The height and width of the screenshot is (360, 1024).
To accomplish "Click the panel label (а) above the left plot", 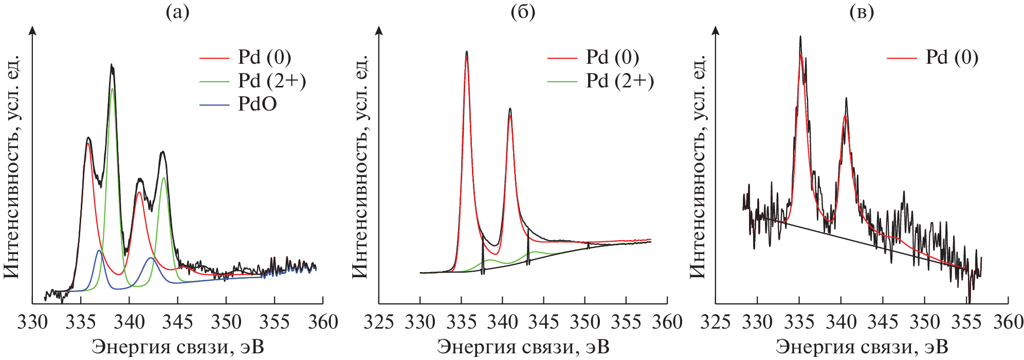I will (x=177, y=12).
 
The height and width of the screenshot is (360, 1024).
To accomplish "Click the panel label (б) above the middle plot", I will (x=523, y=12).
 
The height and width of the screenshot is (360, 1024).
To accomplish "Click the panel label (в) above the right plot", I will (x=862, y=12).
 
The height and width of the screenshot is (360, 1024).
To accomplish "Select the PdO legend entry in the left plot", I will (x=257, y=104).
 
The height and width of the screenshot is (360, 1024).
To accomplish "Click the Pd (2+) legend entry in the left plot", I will (x=271, y=81).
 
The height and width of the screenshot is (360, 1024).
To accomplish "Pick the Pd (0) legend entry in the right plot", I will (x=952, y=57).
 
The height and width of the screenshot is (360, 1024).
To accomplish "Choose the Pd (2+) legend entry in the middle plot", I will (x=619, y=81).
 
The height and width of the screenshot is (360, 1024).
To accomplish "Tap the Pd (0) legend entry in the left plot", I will (x=264, y=57).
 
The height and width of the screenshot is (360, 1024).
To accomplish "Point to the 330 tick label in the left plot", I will (x=32, y=322).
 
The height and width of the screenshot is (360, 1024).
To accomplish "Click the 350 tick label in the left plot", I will (x=226, y=322).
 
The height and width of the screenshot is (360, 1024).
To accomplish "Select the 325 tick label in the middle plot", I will (x=379, y=322).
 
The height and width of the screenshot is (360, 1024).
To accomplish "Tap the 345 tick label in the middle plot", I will (x=543, y=322).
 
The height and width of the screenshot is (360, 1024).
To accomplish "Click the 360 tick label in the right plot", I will (x=1008, y=322).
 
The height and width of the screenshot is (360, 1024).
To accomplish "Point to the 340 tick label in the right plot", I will (x=841, y=322).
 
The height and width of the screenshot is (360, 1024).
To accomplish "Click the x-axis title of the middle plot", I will (x=523, y=347).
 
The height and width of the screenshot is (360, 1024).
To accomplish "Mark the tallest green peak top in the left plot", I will (x=112, y=88).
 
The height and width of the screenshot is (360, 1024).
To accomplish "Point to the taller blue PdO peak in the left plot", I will (x=99, y=250).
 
